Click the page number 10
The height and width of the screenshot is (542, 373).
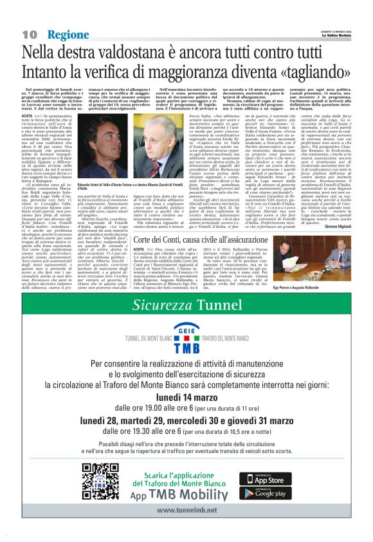[30, 34]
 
